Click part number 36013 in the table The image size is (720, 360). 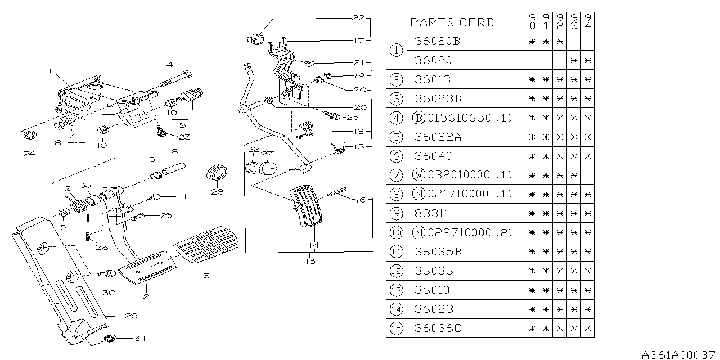tap(432, 79)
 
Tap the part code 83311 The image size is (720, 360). tap(432, 213)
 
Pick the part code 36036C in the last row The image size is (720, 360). tap(437, 328)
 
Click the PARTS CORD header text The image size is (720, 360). tap(452, 22)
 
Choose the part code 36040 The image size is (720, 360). tap(432, 156)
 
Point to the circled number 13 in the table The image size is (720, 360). tap(397, 290)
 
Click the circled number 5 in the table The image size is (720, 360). tap(397, 137)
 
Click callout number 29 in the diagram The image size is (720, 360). tap(130, 316)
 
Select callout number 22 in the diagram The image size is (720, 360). tap(358, 18)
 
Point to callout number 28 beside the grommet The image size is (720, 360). tap(217, 191)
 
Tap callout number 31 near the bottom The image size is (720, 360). tap(139, 338)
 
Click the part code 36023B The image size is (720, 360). tap(437, 98)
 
